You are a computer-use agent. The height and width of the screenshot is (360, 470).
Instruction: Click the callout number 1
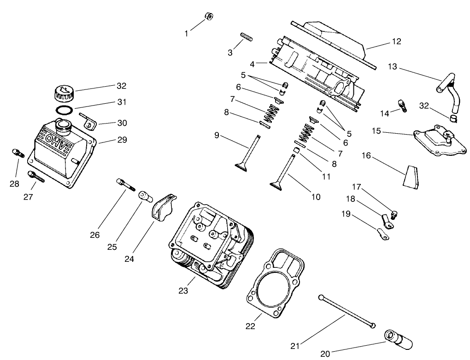(x=187, y=33)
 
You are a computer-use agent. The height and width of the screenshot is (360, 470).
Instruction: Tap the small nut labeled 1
(x=208, y=17)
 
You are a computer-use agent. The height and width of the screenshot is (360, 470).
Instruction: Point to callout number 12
(x=396, y=41)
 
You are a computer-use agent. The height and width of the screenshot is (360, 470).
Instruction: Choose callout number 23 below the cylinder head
(x=183, y=291)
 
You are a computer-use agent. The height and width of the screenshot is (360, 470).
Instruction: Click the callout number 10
(x=315, y=197)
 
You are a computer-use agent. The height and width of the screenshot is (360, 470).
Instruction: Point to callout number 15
(x=376, y=131)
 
